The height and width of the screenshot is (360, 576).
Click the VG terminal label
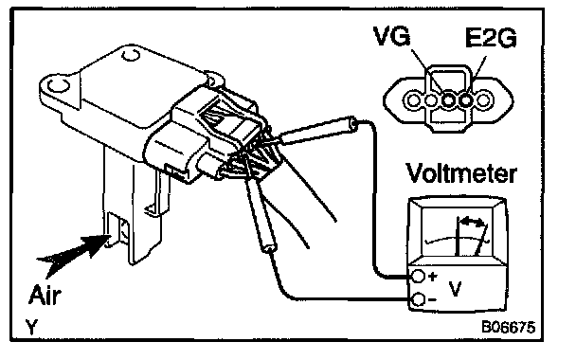point(391,36)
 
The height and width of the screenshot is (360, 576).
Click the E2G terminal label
point(491,37)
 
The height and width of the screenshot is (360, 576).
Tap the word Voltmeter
point(461,172)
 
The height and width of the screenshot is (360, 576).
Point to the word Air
point(45,295)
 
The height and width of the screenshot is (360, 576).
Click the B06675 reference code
point(509,326)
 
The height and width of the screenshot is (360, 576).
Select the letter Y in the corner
point(32,327)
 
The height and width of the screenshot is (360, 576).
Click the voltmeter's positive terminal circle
point(418,276)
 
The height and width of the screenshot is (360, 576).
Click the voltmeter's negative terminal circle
point(418,299)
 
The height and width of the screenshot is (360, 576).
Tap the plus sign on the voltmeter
point(433,276)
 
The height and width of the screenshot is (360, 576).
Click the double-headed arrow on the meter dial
point(473,222)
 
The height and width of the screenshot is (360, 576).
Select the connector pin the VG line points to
point(448,99)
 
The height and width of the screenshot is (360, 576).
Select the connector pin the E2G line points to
point(466,99)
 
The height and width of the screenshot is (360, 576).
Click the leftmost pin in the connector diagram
point(413,99)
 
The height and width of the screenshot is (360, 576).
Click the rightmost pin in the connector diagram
point(484,99)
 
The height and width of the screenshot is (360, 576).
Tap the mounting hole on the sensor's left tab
point(59,85)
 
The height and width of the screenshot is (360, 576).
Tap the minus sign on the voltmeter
point(432,300)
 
